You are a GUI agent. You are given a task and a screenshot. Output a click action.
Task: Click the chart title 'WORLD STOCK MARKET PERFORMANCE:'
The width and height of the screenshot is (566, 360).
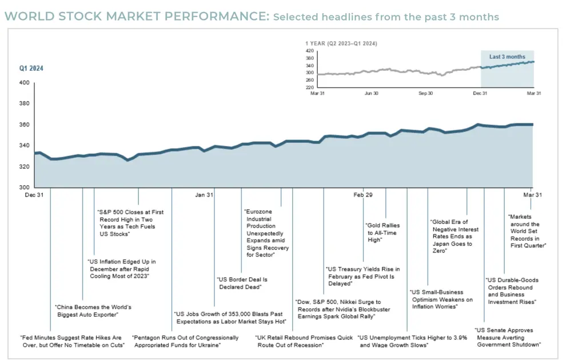click(x=137, y=17)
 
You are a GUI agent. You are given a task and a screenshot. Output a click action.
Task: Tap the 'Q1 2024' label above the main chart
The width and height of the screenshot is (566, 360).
click(x=31, y=69)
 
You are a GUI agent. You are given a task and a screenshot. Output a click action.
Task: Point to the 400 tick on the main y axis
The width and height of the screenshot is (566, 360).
click(x=23, y=83)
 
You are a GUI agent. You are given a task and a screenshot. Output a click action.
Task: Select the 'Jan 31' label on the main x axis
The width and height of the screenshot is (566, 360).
click(x=204, y=195)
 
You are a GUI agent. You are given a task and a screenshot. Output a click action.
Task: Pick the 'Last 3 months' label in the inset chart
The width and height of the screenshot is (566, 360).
click(x=507, y=57)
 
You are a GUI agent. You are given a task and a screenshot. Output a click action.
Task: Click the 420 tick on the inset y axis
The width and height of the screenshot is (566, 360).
click(x=309, y=50)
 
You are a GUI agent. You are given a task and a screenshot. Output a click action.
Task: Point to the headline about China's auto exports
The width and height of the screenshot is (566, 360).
click(x=94, y=311)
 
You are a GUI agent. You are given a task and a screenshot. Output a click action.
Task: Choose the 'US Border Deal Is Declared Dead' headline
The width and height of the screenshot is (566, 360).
click(x=243, y=283)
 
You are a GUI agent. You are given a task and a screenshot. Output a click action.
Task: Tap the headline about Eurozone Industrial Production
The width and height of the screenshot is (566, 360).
click(x=268, y=233)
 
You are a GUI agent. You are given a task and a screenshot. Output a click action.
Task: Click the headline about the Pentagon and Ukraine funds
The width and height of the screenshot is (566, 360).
click(x=177, y=341)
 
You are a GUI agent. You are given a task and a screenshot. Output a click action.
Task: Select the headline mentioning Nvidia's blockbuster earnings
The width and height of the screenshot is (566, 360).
click(x=338, y=309)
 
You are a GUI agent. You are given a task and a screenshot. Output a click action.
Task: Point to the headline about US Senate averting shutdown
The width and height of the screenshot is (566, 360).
click(x=508, y=337)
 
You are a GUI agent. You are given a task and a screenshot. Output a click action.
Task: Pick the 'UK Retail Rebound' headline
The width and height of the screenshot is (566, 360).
click(x=304, y=341)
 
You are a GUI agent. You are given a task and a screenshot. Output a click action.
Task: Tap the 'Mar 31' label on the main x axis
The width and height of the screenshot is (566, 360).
click(x=531, y=195)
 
